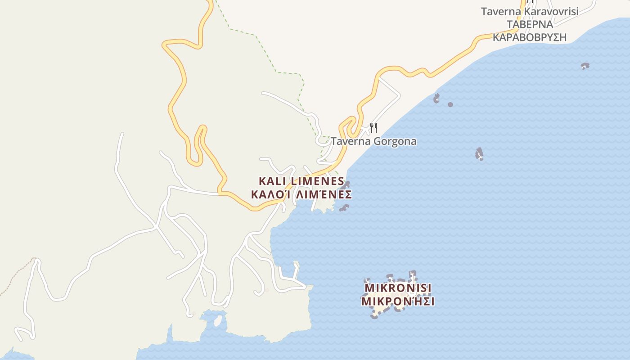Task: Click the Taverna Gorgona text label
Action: (373, 141)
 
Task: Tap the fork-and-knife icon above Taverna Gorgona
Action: (373, 128)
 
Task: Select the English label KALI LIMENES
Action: (301, 181)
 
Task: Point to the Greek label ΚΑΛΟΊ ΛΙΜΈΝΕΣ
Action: (301, 195)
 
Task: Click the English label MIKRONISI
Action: (398, 288)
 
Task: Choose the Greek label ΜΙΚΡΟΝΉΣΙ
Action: (398, 301)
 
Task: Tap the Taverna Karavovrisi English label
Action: (530, 12)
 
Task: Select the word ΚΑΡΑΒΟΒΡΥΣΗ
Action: (530, 37)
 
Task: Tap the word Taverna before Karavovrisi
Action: (497, 12)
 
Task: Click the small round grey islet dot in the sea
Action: (450, 104)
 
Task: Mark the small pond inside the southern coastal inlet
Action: (218, 320)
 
